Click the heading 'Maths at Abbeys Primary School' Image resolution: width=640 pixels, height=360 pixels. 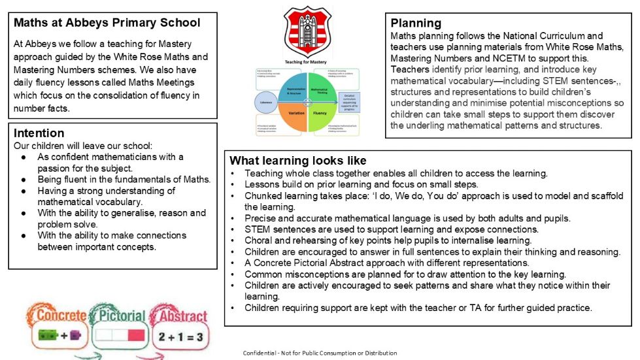pyautogui.click(x=107, y=23)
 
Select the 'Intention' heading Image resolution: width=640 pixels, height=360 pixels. pyautogui.click(x=39, y=133)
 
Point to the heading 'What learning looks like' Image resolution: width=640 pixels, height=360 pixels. pyautogui.click(x=297, y=161)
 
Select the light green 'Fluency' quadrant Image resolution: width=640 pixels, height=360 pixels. pyautogui.click(x=320, y=112)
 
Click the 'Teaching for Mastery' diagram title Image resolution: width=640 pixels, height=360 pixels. pyautogui.click(x=305, y=61)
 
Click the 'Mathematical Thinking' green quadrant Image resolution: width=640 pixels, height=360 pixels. pyautogui.click(x=320, y=87)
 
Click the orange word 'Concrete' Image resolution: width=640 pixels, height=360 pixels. pyautogui.click(x=61, y=316)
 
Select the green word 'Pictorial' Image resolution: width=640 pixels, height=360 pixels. pyautogui.click(x=119, y=316)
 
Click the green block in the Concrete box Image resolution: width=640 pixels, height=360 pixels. pyautogui.click(x=48, y=336)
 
